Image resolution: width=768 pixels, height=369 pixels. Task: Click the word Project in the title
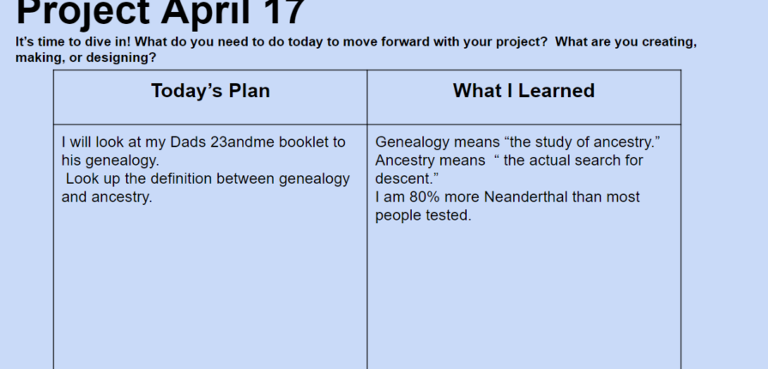83,12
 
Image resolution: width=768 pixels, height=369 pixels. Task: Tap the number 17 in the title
286,12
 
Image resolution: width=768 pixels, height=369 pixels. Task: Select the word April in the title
209,12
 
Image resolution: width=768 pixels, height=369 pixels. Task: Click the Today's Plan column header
210,91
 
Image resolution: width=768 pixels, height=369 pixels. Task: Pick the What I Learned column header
523,91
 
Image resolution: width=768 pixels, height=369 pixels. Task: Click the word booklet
304,142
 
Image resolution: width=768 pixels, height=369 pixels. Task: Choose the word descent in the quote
402,178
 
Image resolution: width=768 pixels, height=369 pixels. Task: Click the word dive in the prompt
103,42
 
